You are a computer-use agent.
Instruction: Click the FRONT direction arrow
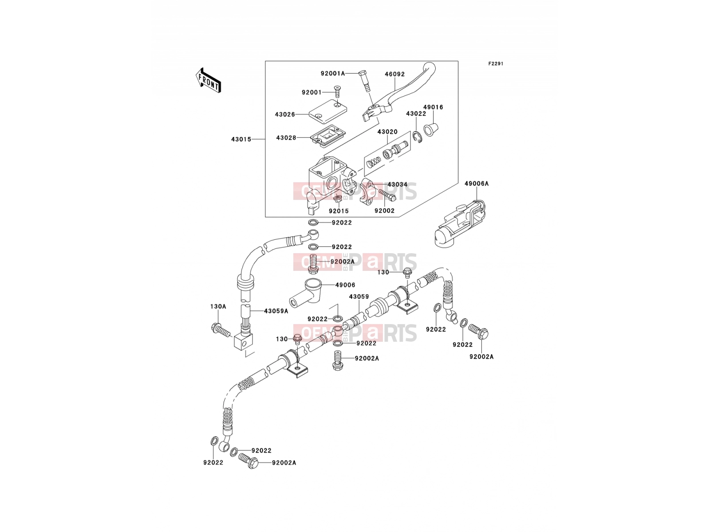pos(208,80)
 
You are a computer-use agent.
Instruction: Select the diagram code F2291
pos(496,64)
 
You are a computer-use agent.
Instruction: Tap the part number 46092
pos(394,74)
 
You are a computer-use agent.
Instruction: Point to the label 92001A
pos(333,74)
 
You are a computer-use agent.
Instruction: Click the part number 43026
pos(285,114)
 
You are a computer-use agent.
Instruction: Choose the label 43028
pos(286,138)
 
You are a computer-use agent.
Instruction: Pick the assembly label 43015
pos(241,139)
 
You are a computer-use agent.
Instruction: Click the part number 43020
pos(387,132)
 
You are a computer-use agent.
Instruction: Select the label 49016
pos(433,107)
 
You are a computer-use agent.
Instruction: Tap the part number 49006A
pos(477,184)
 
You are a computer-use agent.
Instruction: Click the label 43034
pos(398,184)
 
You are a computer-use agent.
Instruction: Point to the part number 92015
pos(339,211)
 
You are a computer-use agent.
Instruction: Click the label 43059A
pos(276,311)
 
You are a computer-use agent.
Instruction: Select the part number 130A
pos(218,306)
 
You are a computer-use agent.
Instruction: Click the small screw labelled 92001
pos(338,92)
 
